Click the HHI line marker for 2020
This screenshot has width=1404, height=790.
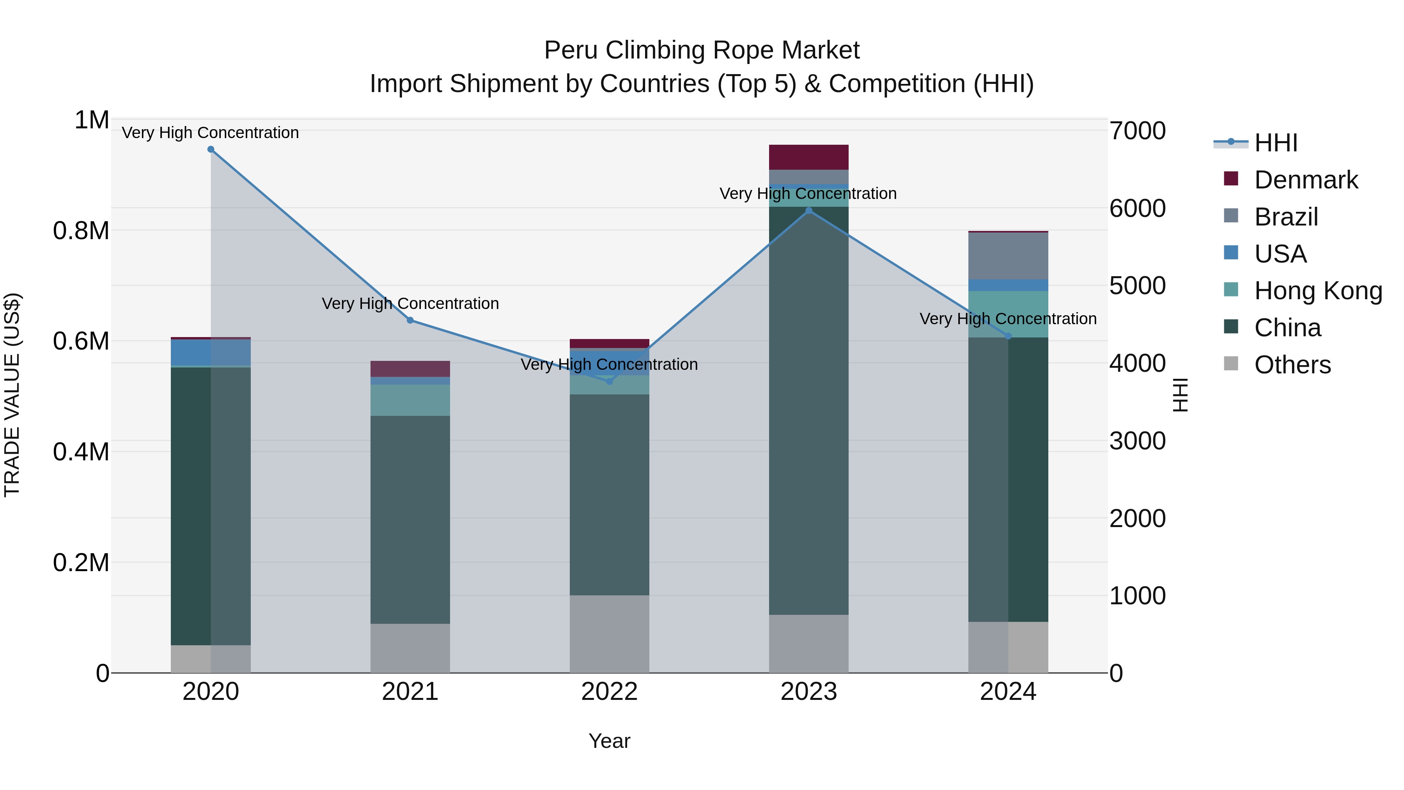pyautogui.click(x=211, y=149)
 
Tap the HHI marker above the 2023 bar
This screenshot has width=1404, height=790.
pyautogui.click(x=809, y=211)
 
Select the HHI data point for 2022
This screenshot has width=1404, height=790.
pyautogui.click(x=609, y=381)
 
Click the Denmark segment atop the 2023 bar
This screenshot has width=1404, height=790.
pyautogui.click(x=809, y=157)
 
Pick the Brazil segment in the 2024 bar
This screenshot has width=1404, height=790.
pyautogui.click(x=1008, y=256)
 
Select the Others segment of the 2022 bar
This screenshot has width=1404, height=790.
pyautogui.click(x=609, y=634)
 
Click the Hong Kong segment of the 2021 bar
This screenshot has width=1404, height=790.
pyautogui.click(x=410, y=400)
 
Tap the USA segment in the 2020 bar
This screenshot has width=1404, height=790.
pyautogui.click(x=211, y=352)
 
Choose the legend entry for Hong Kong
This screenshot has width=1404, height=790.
pyautogui.click(x=1318, y=291)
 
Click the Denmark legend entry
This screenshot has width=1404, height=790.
pyautogui.click(x=1306, y=180)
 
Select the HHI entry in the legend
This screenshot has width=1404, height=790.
pyautogui.click(x=1275, y=143)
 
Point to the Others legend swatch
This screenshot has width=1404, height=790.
pyautogui.click(x=1231, y=364)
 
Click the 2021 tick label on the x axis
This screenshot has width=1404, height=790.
pyautogui.click(x=410, y=692)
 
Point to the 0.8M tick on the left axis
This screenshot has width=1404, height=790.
pyautogui.click(x=81, y=231)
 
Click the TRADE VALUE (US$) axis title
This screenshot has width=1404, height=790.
pyautogui.click(x=12, y=395)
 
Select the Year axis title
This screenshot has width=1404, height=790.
pyautogui.click(x=609, y=741)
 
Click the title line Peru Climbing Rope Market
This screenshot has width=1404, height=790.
pyautogui.click(x=702, y=50)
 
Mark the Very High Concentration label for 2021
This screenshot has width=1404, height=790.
pyautogui.click(x=410, y=304)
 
